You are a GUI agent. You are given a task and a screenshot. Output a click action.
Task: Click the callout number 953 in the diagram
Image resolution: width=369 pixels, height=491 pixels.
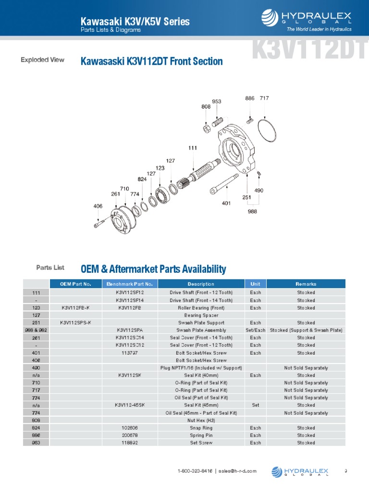pos(217,101)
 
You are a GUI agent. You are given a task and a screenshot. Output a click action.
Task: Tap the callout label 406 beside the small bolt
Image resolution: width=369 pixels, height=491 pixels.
pos(98,206)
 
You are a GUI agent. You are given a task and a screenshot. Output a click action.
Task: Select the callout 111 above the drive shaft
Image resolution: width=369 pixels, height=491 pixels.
pos(193,148)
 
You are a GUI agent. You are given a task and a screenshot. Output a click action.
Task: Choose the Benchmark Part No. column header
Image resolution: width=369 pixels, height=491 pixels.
pos(129,284)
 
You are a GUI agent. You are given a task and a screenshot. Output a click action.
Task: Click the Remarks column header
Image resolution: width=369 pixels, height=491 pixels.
pos(306,284)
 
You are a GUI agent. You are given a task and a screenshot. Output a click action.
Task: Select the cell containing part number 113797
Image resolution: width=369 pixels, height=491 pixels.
pos(130,353)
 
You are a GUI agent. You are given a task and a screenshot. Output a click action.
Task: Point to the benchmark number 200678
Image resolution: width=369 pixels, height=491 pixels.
pos(130,435)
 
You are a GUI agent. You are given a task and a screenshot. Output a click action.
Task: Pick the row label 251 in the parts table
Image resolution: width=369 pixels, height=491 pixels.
pos(36,323)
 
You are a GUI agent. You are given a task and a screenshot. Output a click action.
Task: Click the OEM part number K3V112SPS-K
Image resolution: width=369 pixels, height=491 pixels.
pos(75,323)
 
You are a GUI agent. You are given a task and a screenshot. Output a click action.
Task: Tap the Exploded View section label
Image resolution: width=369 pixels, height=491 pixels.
pos(42,60)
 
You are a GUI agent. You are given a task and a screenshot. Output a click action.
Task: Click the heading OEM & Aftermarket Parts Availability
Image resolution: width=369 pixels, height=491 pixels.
pos(153,269)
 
